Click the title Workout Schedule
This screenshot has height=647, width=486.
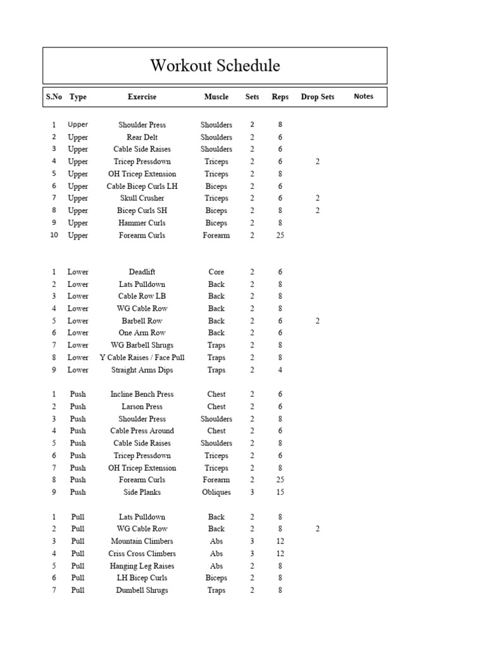[215, 65]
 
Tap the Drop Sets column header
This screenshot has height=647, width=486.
[317, 97]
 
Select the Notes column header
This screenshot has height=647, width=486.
[363, 97]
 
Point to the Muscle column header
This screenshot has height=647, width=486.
[216, 97]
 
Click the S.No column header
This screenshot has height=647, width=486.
[54, 97]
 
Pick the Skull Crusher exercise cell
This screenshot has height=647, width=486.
[142, 198]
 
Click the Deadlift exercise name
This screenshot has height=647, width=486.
[142, 272]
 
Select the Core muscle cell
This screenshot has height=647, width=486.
[216, 272]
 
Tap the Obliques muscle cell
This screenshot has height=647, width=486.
[216, 492]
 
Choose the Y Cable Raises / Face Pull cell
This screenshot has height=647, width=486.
[142, 358]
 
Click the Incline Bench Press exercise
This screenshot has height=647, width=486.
[142, 394]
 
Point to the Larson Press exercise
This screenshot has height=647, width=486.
[142, 407]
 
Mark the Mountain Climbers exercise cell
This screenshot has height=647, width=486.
[142, 541]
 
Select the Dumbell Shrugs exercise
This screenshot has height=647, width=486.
[142, 590]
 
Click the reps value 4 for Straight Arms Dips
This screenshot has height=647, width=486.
[280, 370]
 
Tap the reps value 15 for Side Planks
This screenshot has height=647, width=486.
[280, 492]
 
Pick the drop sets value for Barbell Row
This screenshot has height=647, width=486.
[318, 321]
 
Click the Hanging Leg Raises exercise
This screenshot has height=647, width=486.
[142, 566]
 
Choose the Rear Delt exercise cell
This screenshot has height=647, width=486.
[142, 137]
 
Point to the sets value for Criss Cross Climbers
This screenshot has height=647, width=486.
[252, 553]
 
